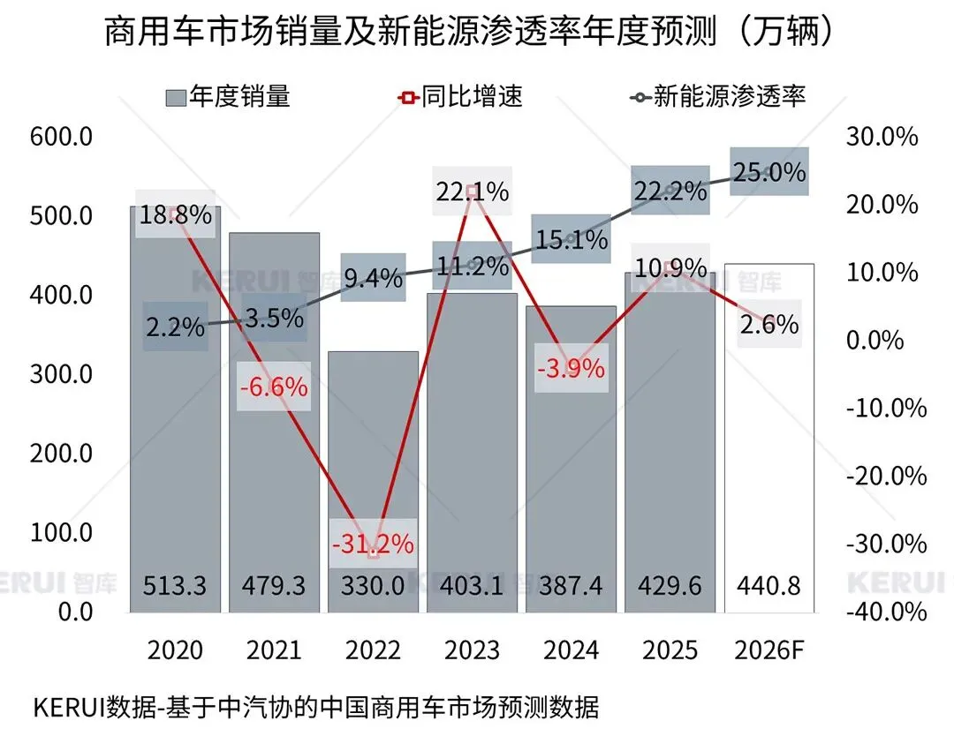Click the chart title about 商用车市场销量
[x=469, y=33]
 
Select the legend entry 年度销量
[x=228, y=96]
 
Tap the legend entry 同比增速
[x=461, y=96]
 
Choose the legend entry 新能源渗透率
[x=718, y=96]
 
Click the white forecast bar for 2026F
[x=768, y=424]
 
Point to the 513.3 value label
[x=175, y=584]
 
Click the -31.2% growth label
[x=373, y=544]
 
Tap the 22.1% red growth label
[x=472, y=191]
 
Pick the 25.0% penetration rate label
[x=768, y=171]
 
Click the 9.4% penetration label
[x=373, y=278]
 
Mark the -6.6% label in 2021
[x=274, y=387]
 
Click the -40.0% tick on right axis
[x=886, y=611]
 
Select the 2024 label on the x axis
[x=571, y=651]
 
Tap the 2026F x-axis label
[x=768, y=651]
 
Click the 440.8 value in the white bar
[x=768, y=584]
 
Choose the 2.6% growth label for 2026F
[x=768, y=324]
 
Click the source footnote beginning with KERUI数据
[x=315, y=708]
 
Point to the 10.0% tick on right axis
[x=886, y=272]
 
